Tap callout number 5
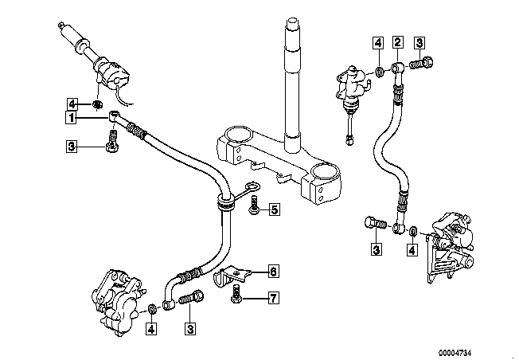274,210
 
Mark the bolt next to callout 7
236,299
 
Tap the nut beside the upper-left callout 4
96,104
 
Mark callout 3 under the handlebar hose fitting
72,147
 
